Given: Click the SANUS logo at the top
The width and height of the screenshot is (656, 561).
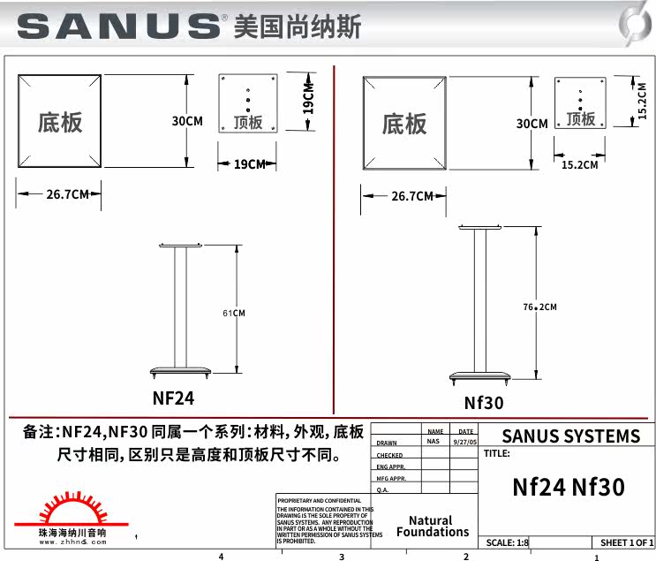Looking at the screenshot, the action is [x=119, y=26].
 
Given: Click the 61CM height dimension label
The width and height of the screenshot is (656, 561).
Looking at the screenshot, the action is [x=233, y=313].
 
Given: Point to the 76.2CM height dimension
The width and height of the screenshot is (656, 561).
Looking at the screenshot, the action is [x=539, y=307].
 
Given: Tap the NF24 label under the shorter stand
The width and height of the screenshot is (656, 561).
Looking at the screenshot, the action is [x=173, y=398].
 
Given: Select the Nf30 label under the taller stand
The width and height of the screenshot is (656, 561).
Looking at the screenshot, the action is [x=483, y=403].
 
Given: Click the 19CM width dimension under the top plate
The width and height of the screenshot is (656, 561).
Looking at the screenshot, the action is [x=249, y=164].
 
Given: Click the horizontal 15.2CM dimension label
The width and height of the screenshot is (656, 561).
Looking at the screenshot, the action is [x=579, y=164].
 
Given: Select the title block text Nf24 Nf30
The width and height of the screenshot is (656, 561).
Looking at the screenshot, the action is [x=568, y=487].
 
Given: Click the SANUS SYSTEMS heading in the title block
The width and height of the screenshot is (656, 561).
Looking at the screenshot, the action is [x=570, y=436].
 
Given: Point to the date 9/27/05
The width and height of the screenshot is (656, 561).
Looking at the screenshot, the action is [x=464, y=440].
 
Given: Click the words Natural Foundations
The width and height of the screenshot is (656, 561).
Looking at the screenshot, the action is [x=433, y=527].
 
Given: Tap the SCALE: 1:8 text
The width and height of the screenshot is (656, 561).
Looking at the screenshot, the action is [x=508, y=542].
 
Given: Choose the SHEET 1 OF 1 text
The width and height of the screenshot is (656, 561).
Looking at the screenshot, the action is [x=626, y=542].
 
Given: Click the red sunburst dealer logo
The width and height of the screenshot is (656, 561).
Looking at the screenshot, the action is [x=72, y=513].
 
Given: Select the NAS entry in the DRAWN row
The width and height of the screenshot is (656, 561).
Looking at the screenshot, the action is [x=433, y=440].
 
